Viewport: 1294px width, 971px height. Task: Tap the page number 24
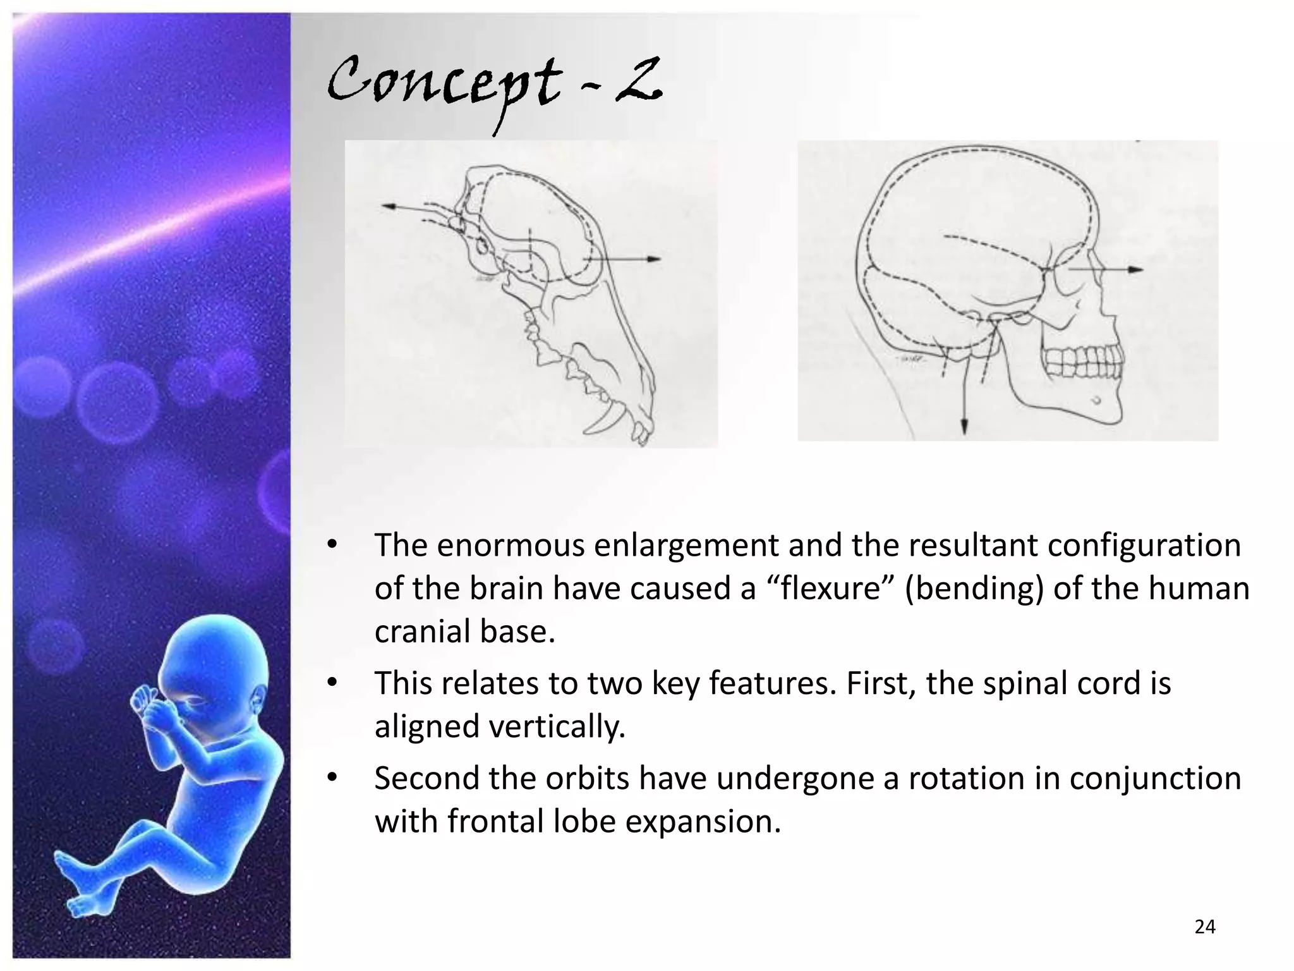click(1205, 927)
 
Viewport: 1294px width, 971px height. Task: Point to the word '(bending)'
click(974, 589)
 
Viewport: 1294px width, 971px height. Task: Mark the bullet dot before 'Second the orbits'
click(332, 778)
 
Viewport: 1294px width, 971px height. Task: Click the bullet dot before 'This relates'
click(332, 683)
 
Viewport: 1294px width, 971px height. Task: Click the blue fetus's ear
click(258, 700)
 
